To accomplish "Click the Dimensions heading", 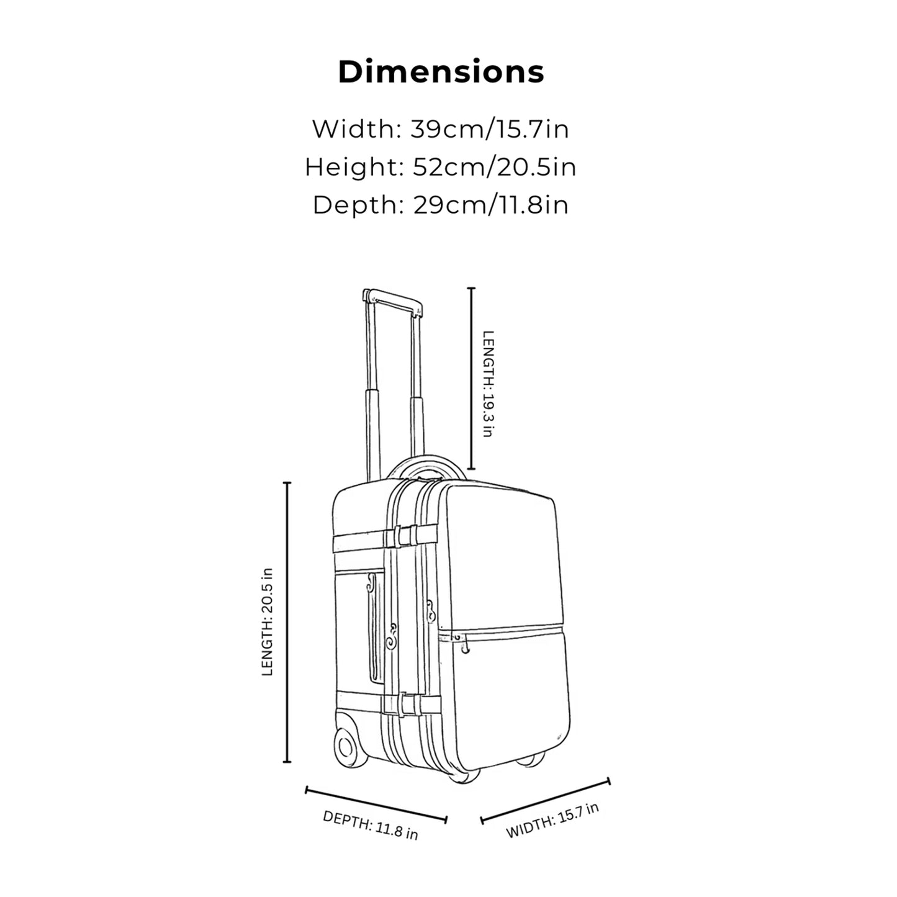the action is pyautogui.click(x=441, y=72).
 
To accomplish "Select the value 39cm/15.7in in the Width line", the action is pyautogui.click(x=489, y=129).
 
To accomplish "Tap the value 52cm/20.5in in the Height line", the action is pyautogui.click(x=494, y=167).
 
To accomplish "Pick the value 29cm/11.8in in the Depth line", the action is pyautogui.click(x=490, y=205).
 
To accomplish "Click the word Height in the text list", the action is pyautogui.click(x=354, y=167).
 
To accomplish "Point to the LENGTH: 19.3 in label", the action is pyautogui.click(x=488, y=384).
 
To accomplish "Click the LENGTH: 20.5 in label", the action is pyautogui.click(x=267, y=622).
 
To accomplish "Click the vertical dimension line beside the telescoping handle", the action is pyautogui.click(x=472, y=379).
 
